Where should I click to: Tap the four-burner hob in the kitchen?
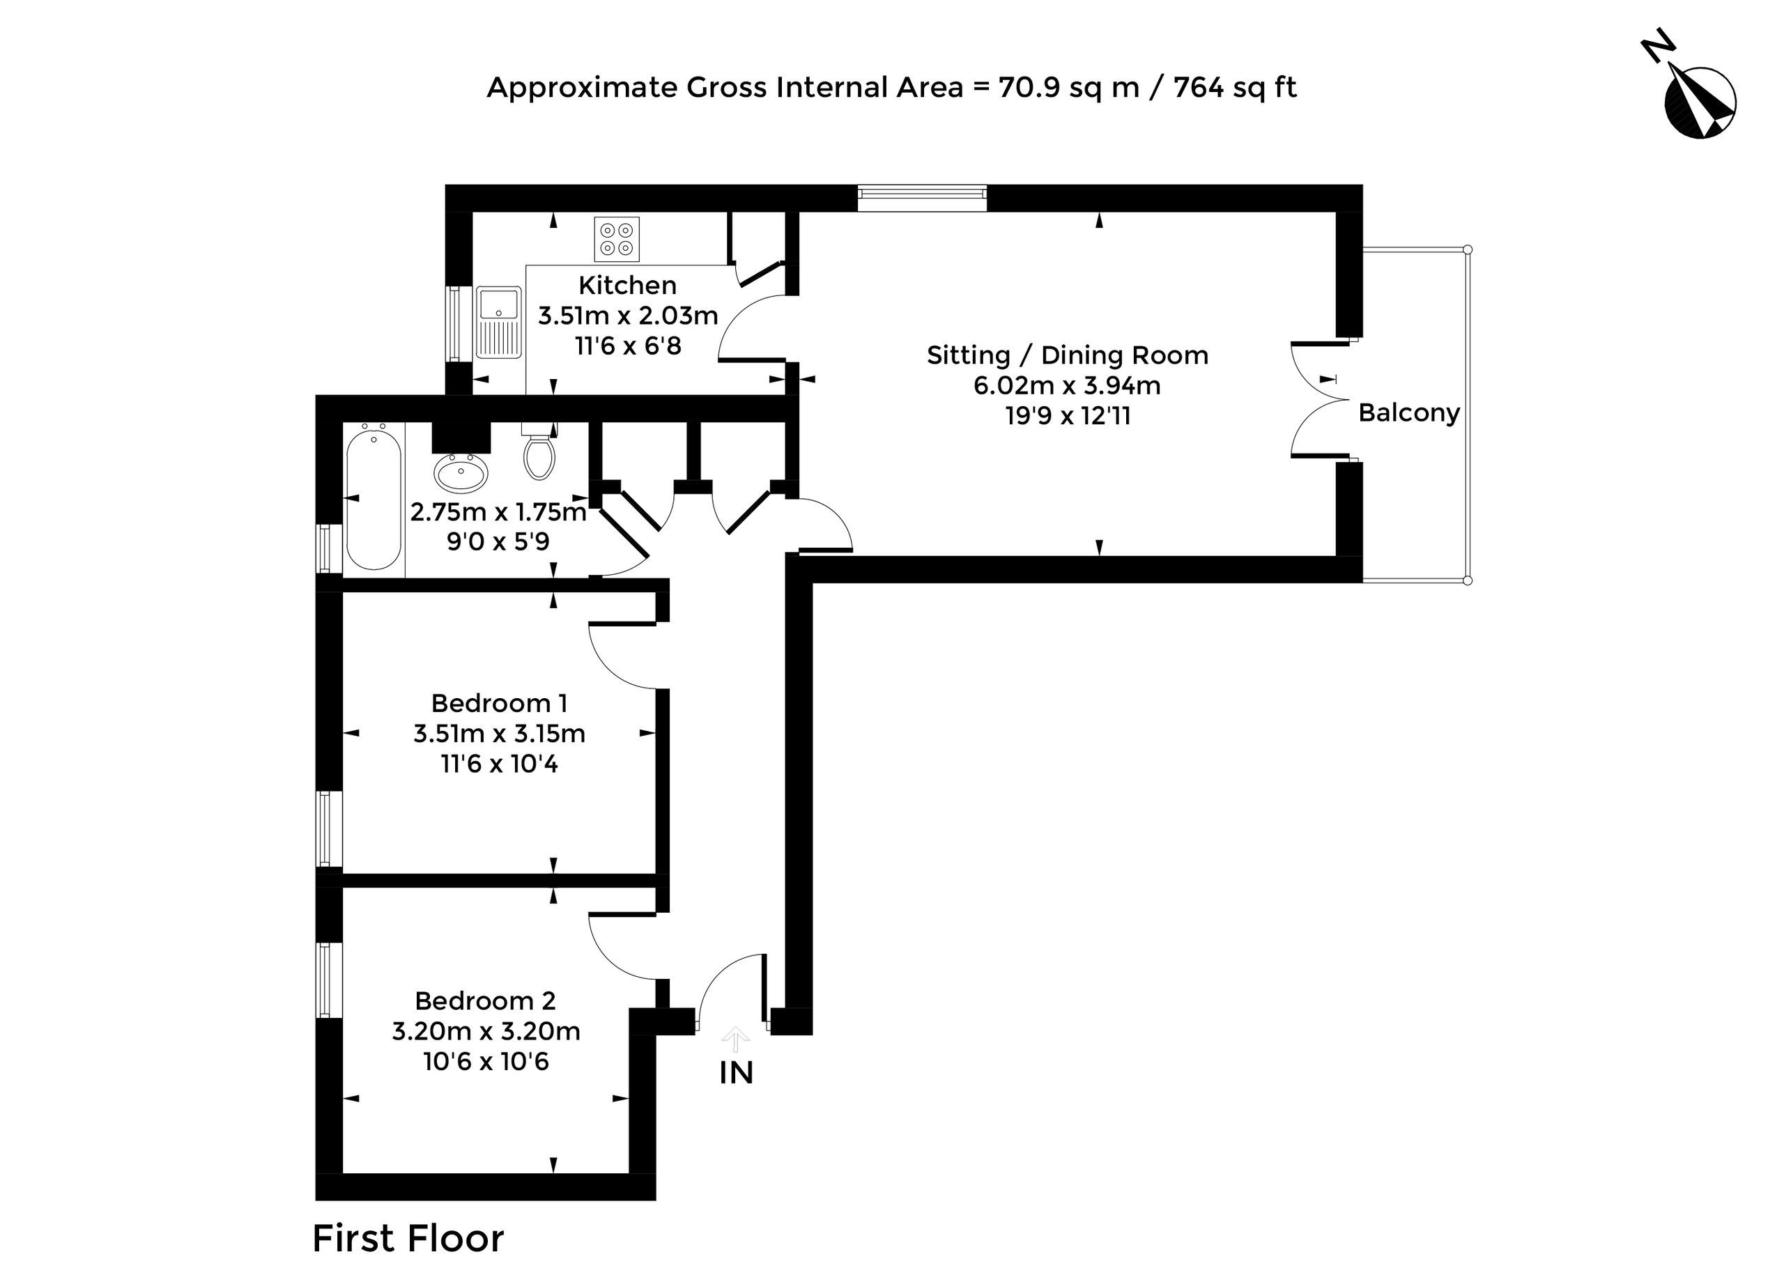click(617, 238)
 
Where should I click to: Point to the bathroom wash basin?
click(461, 472)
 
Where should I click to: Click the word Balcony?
click(1409, 412)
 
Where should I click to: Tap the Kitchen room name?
click(628, 285)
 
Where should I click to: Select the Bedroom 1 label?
click(499, 703)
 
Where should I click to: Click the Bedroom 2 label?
click(485, 1000)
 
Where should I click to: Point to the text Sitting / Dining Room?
click(1068, 355)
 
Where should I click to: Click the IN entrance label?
click(736, 1074)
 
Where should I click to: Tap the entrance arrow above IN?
click(735, 1040)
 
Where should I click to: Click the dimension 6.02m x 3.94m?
click(1068, 386)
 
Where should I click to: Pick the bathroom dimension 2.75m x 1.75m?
click(498, 512)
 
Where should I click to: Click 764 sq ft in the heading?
click(1235, 87)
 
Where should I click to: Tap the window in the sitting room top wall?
click(922, 198)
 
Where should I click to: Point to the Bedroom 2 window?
click(329, 980)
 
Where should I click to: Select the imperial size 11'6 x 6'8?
click(628, 346)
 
